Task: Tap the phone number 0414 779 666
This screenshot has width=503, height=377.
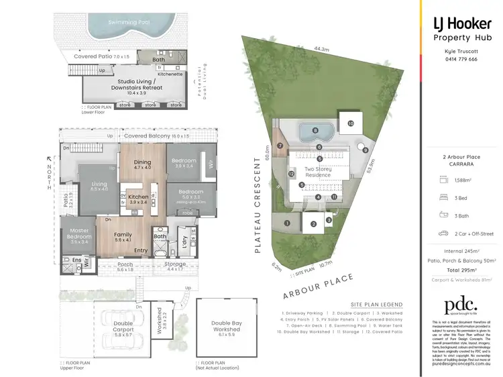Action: (461, 59)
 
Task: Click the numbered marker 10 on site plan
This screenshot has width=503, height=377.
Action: (350, 123)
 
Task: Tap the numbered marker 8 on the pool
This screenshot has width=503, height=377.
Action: (315, 130)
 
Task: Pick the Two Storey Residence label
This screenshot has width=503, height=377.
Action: (319, 172)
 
